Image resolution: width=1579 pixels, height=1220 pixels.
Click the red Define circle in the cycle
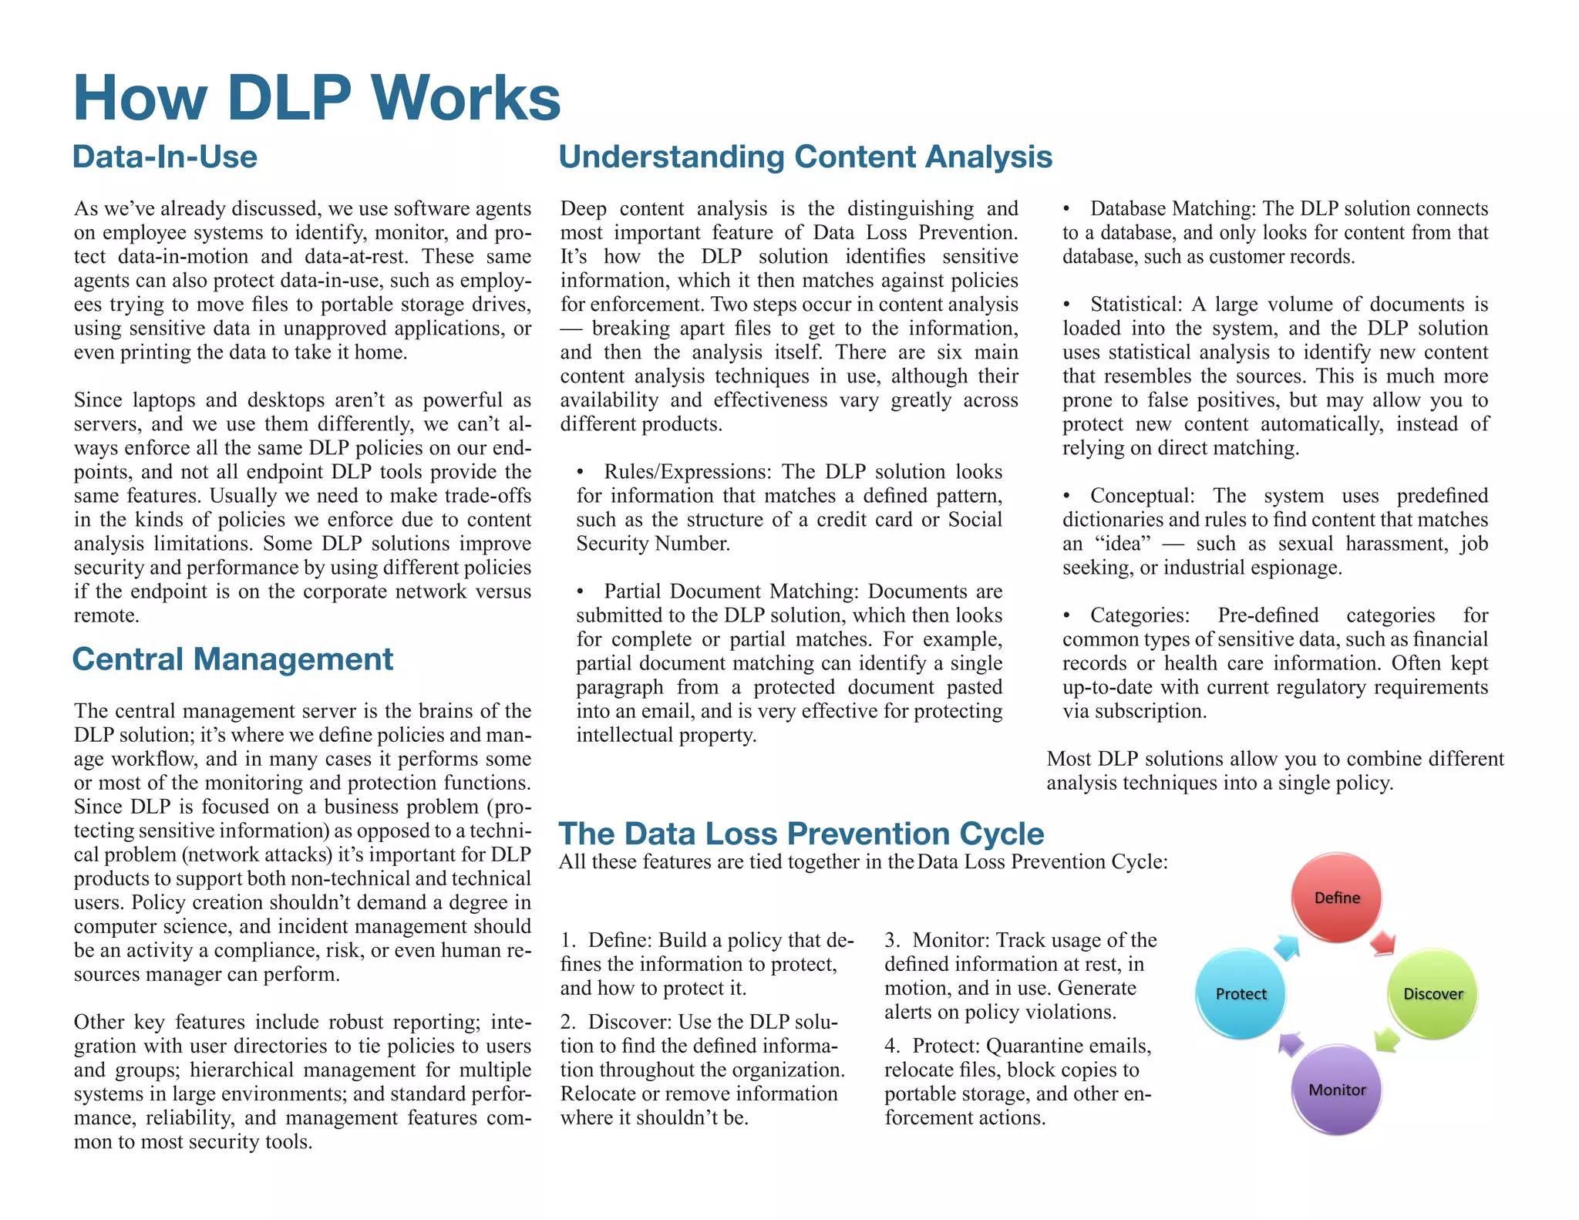(1337, 898)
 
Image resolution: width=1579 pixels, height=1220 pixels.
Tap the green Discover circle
(1433, 994)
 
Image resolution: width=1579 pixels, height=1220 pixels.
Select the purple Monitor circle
(1337, 1090)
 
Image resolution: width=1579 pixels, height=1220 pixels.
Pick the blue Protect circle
(1241, 994)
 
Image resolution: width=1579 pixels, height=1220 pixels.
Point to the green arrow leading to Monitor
(1387, 1040)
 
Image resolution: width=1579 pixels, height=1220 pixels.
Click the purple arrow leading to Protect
(1290, 1043)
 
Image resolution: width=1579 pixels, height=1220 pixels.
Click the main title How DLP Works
(317, 98)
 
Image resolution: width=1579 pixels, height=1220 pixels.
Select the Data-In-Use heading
(165, 157)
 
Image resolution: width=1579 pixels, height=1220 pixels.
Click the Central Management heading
(233, 659)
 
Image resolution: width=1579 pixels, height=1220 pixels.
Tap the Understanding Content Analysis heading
(805, 157)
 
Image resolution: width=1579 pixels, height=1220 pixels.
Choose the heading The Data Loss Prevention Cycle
(801, 834)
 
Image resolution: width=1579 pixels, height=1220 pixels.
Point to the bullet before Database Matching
(1066, 209)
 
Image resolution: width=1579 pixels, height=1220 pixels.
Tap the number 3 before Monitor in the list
(891, 940)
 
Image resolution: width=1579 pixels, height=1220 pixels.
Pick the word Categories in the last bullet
(1139, 615)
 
